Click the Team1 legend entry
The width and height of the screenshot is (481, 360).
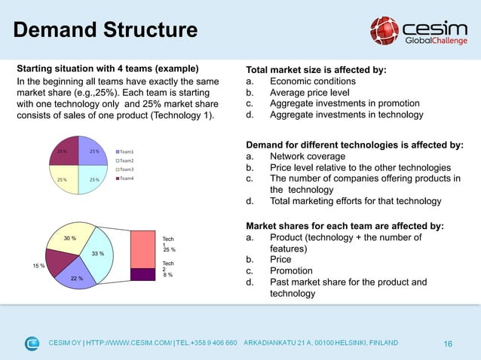127,152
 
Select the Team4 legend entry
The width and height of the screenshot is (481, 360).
127,178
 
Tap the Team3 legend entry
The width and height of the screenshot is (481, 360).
127,169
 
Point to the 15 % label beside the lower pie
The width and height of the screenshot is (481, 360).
38,266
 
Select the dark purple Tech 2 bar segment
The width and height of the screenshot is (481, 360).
142,274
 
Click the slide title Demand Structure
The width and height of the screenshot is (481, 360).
106,31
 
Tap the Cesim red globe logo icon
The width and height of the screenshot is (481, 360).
384,31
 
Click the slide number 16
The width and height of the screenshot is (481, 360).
448,344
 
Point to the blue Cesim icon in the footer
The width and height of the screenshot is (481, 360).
32,343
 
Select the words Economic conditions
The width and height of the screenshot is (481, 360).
312,81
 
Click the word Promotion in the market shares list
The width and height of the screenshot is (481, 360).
291,271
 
